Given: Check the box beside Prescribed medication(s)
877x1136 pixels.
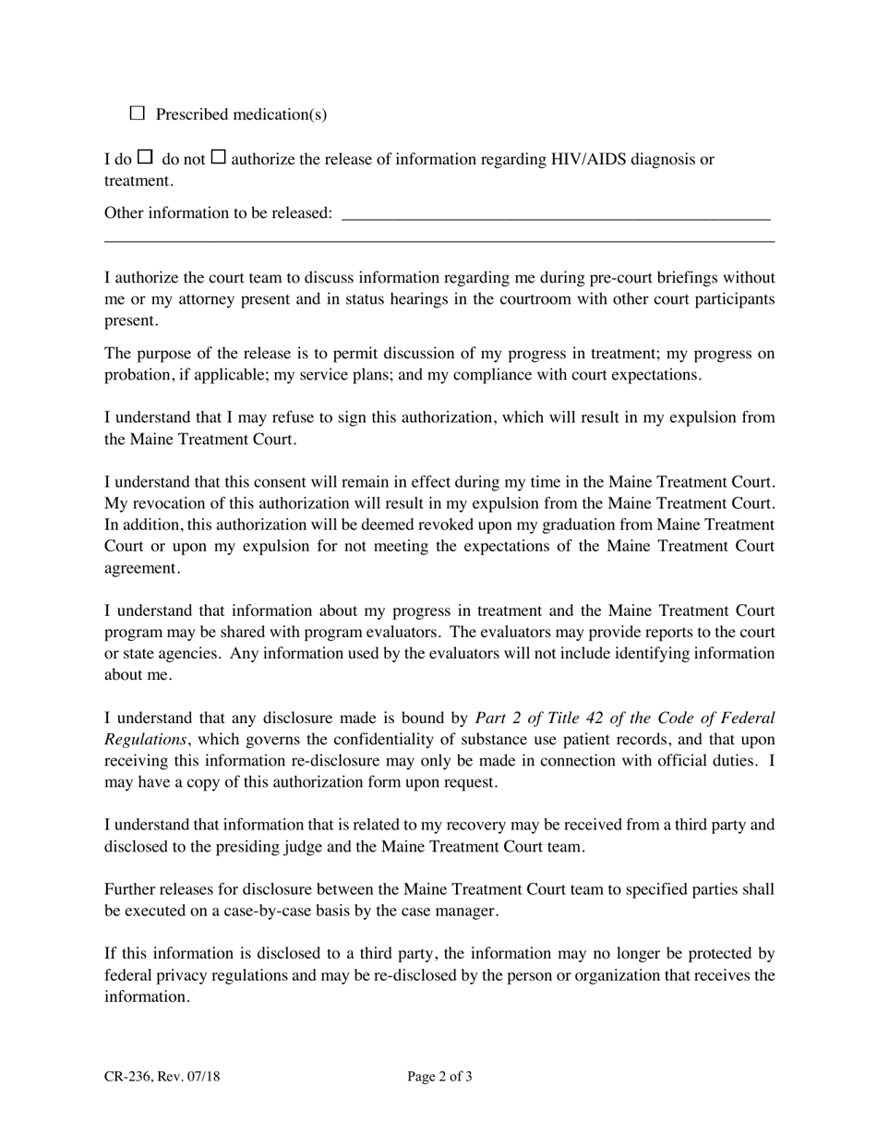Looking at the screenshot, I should click(x=138, y=114).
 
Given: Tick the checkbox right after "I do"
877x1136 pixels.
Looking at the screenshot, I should click(x=145, y=158).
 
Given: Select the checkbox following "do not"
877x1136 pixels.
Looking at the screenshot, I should click(x=219, y=158).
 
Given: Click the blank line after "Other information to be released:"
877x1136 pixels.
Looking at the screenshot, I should click(x=556, y=214).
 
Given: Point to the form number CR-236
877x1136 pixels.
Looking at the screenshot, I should click(x=128, y=1076).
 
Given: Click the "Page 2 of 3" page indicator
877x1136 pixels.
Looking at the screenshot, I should click(x=439, y=1076).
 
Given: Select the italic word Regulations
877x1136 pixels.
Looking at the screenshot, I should click(x=146, y=739).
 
